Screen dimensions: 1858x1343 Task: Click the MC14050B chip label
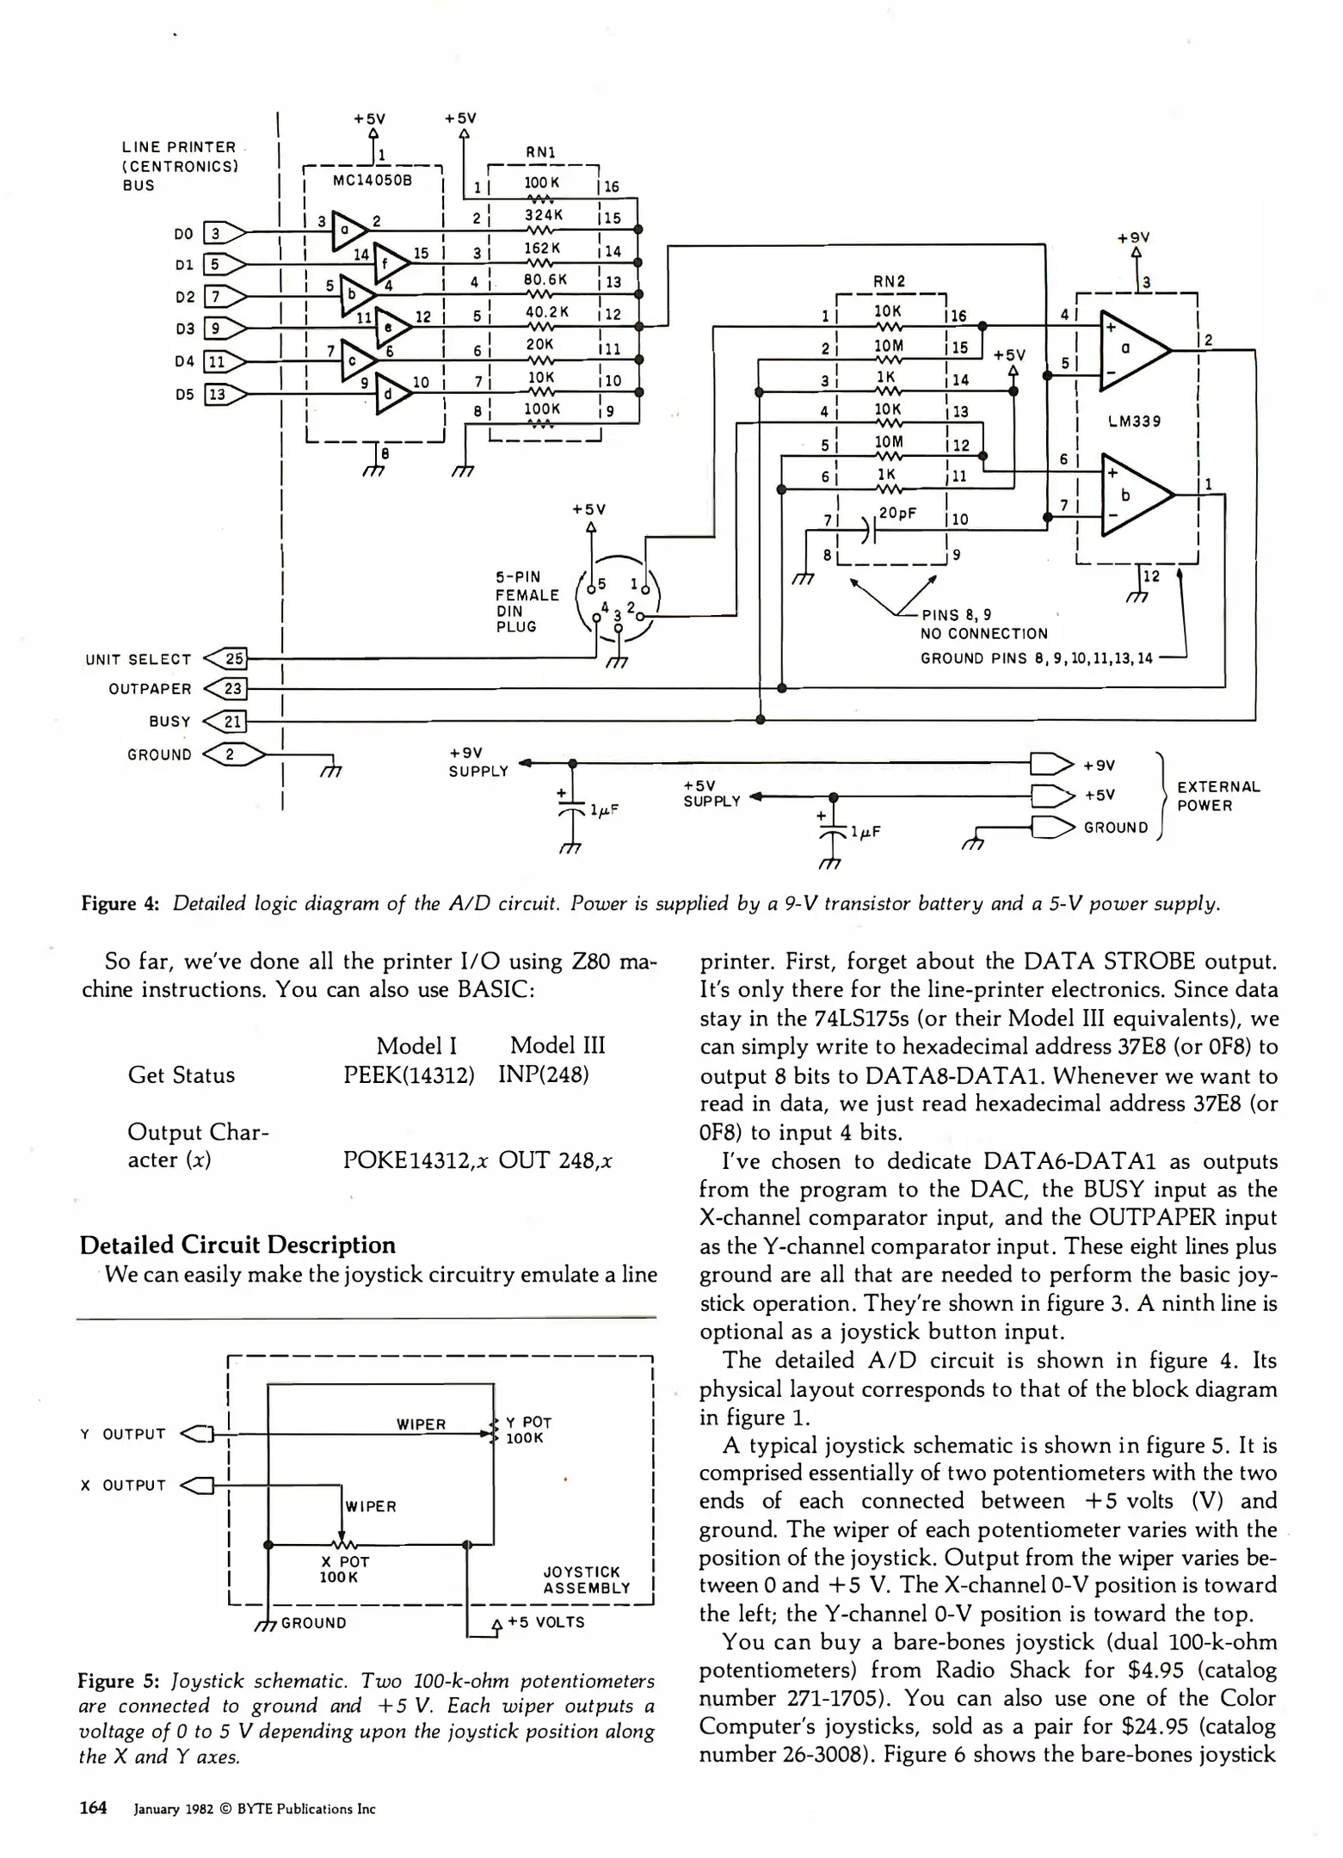[372, 181]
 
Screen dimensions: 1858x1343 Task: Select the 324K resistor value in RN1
[543, 215]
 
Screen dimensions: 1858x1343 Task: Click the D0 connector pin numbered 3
[216, 233]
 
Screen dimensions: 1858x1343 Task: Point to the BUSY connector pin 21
[233, 721]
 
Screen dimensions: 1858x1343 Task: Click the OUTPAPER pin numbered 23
[233, 688]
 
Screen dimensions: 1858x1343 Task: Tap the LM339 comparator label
[1134, 421]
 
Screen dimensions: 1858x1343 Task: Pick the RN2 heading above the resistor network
[889, 281]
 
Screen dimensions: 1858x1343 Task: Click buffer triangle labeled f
[389, 263]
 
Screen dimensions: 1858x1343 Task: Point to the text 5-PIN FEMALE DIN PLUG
[527, 602]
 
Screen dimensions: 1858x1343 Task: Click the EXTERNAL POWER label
[1217, 796]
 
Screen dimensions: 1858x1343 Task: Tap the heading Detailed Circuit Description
[237, 1245]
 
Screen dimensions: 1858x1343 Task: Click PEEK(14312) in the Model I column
[409, 1075]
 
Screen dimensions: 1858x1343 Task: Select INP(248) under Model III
[543, 1075]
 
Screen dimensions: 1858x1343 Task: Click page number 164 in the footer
[93, 1807]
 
